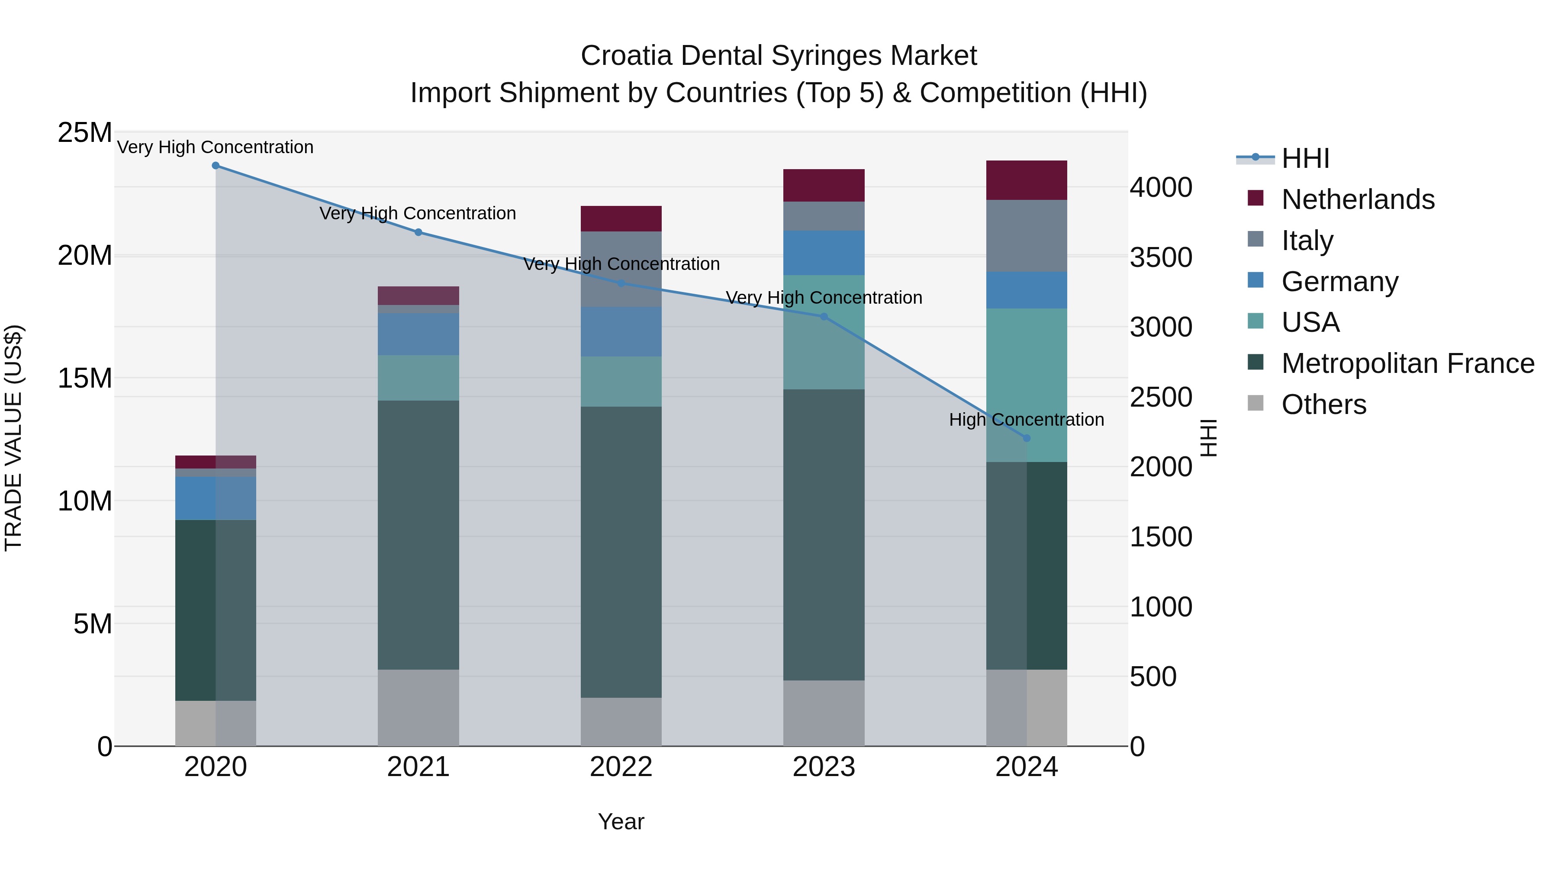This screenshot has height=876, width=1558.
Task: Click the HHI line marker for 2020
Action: pyautogui.click(x=216, y=166)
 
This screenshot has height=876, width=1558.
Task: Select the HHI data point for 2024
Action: pyautogui.click(x=1027, y=438)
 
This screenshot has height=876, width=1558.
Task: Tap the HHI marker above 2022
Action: pyautogui.click(x=621, y=283)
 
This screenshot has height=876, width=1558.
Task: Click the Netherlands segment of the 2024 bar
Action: pyautogui.click(x=1027, y=180)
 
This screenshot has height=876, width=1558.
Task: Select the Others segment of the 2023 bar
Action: pyautogui.click(x=824, y=713)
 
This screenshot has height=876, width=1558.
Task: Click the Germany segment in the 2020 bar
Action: pyautogui.click(x=216, y=498)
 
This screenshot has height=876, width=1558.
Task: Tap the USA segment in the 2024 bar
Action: pyautogui.click(x=1027, y=385)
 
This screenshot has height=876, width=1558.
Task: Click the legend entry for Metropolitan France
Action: pyautogui.click(x=1407, y=363)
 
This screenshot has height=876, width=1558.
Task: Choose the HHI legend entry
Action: pyautogui.click(x=1305, y=158)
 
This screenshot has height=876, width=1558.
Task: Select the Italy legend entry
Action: pyautogui.click(x=1307, y=241)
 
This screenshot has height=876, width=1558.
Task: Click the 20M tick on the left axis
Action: pyautogui.click(x=85, y=256)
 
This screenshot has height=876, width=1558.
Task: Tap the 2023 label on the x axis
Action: pyautogui.click(x=824, y=767)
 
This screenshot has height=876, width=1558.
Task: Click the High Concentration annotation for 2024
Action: pyautogui.click(x=1027, y=420)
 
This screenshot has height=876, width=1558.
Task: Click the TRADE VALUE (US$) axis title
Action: pyautogui.click(x=13, y=438)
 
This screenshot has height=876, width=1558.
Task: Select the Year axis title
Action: pyautogui.click(x=621, y=821)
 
